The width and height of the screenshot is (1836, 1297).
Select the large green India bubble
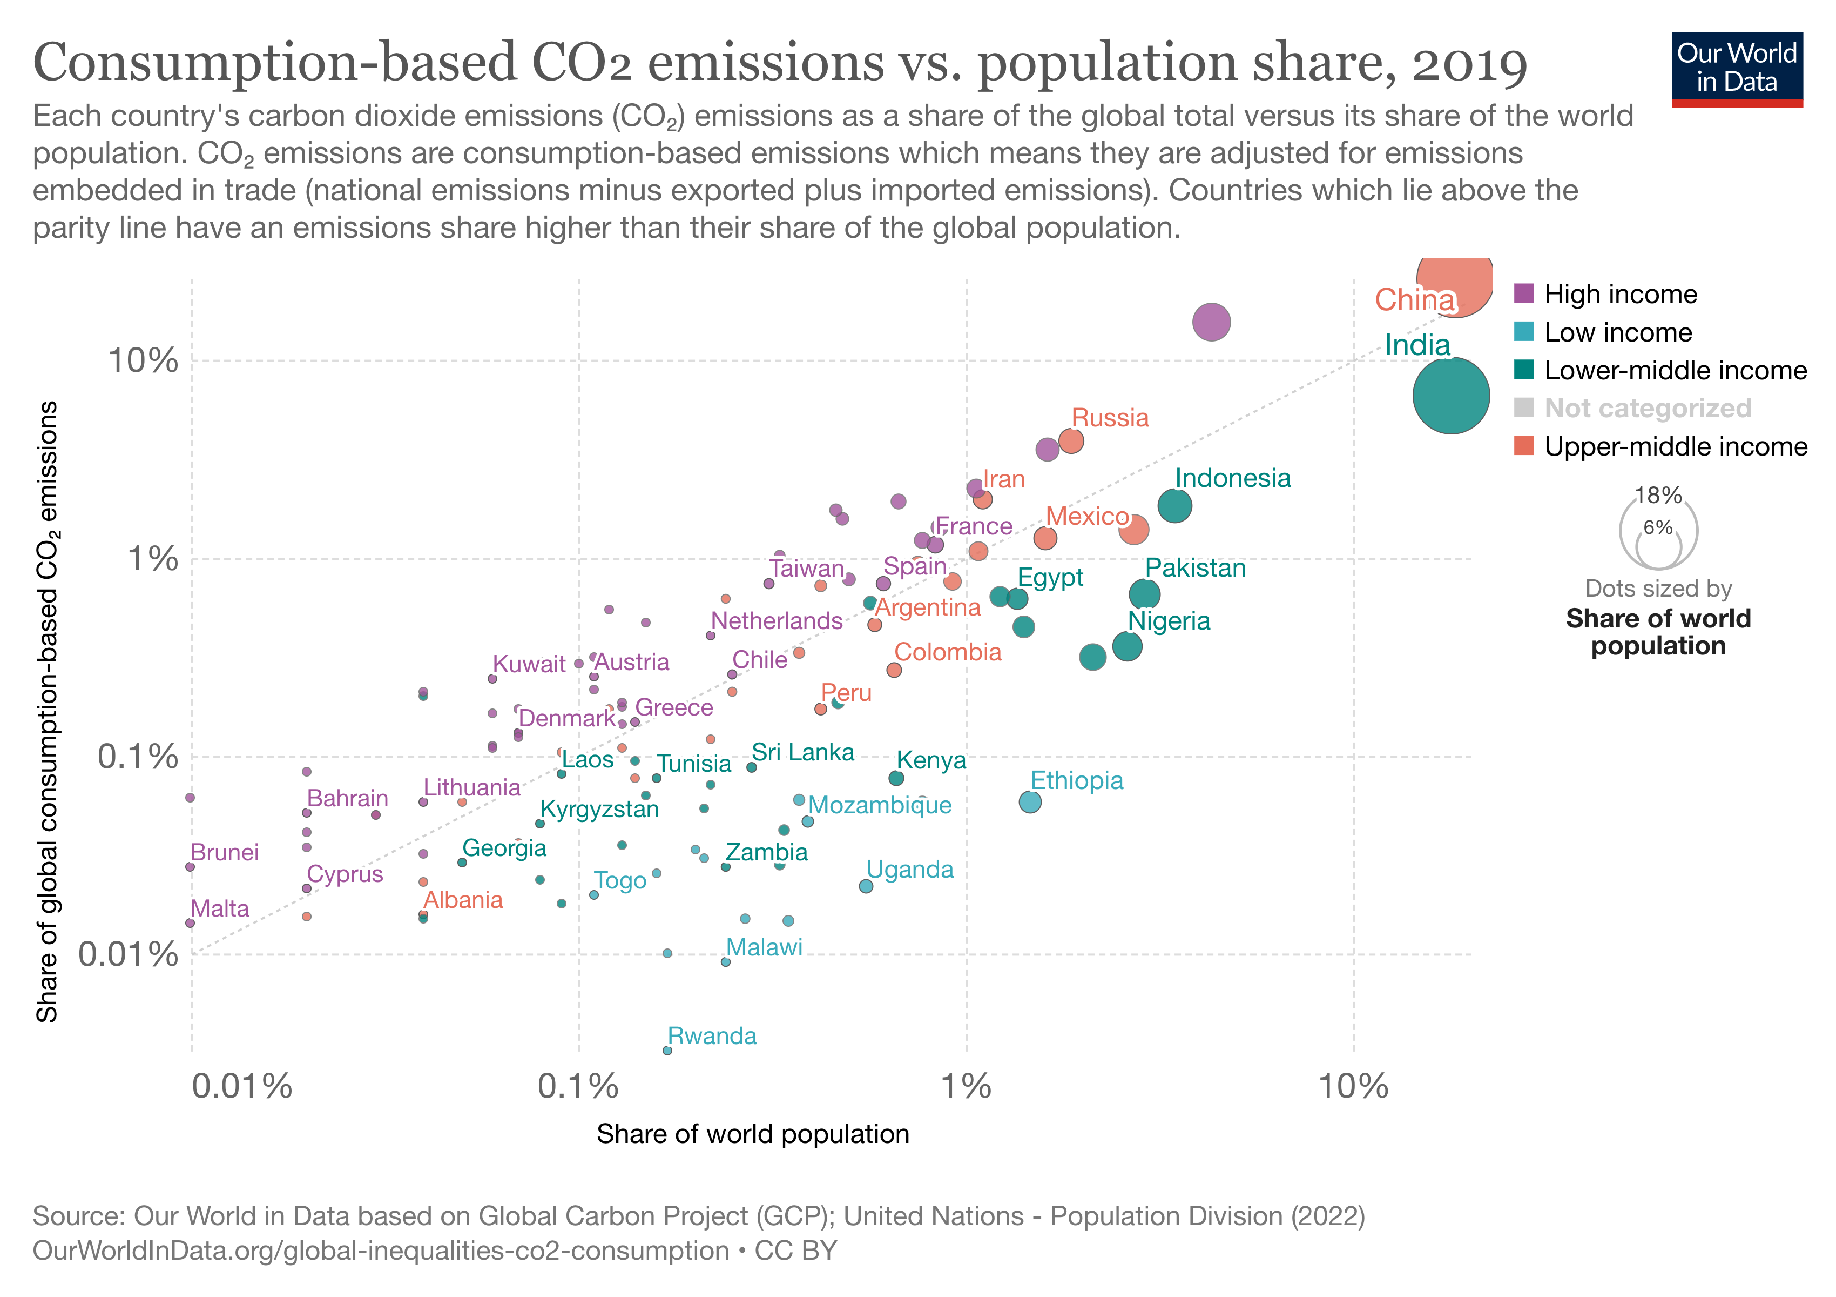click(x=1450, y=395)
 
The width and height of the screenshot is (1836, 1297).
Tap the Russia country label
click(x=1109, y=418)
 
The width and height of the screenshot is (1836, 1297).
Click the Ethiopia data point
click(x=1030, y=802)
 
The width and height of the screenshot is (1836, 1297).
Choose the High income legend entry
click(x=1619, y=295)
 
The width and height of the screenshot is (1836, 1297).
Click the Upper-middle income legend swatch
click(x=1524, y=446)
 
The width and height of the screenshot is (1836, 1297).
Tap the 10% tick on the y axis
click(x=143, y=361)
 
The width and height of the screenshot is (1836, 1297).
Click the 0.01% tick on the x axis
click(x=241, y=1087)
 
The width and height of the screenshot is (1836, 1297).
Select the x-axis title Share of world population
click(x=752, y=1134)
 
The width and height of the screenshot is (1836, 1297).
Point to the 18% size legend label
click(x=1658, y=495)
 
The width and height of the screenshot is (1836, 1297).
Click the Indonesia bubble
click(x=1174, y=506)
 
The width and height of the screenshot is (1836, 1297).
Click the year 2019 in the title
click(x=1470, y=63)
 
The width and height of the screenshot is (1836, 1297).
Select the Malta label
click(x=220, y=909)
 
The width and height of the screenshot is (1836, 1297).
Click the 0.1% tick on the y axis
click(x=138, y=756)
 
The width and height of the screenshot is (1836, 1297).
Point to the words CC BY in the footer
click(x=795, y=1251)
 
